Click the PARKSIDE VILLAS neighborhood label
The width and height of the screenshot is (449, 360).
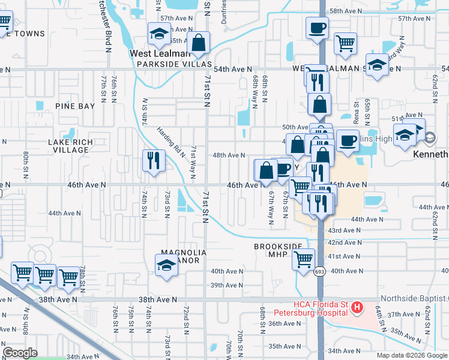point(174,64)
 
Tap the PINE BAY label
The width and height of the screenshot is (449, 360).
point(75,106)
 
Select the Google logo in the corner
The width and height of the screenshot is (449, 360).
point(20,353)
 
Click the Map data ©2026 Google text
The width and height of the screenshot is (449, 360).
point(411,355)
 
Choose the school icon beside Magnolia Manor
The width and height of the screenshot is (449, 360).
point(166,265)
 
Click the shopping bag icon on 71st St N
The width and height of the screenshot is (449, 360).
point(197,43)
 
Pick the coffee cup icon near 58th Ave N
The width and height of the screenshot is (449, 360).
point(316,28)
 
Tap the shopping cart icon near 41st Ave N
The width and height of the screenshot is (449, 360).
point(303,260)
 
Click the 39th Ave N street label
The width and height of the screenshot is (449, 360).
point(226,286)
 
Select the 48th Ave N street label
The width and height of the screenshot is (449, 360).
point(229,155)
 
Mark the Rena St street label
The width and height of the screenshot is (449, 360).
point(355,112)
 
